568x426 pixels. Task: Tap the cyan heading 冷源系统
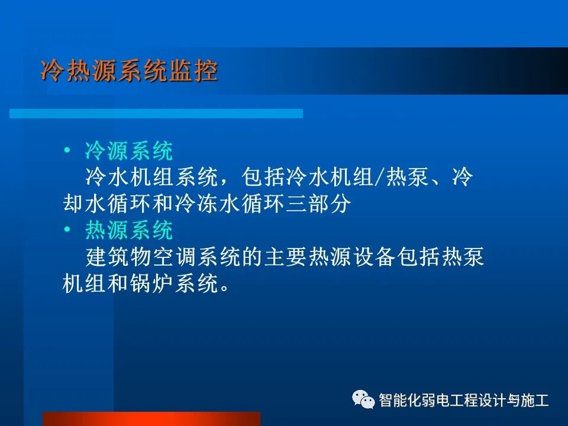[129, 151]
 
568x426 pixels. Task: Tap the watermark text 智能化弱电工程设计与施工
[464, 400]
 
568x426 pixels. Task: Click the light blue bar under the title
[156, 113]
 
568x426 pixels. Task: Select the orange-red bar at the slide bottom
[151, 419]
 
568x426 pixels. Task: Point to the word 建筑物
[118, 258]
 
